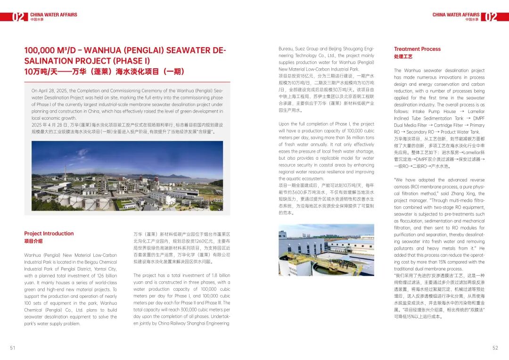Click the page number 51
click(13, 348)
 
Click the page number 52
click(495, 348)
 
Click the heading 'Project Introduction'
click(49, 233)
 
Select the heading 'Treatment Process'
click(417, 49)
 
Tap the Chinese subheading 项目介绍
click(33, 241)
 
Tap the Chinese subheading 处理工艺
click(403, 57)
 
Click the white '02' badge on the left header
click(18, 17)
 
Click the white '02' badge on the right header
click(491, 17)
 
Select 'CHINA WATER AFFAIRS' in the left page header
click(53, 15)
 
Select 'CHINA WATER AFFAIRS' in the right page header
click(456, 15)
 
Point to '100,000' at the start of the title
click(40, 50)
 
